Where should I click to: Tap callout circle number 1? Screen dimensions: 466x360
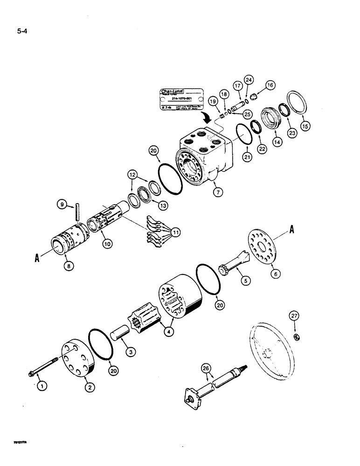click(39, 385)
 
